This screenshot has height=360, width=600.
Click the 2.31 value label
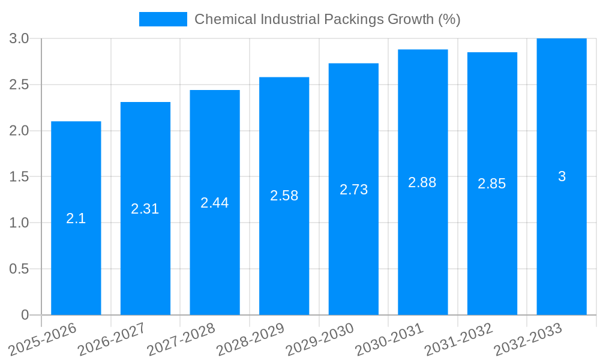[x=145, y=209]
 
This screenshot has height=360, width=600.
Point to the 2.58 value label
[x=284, y=196]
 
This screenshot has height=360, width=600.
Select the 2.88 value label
[x=422, y=182]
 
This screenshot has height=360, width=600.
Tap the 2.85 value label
[x=492, y=184]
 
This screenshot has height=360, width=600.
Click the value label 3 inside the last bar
[x=562, y=176]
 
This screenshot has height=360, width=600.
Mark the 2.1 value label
[x=76, y=218]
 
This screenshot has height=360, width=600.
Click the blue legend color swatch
[x=163, y=19]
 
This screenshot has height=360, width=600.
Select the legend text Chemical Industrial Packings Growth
[x=328, y=19]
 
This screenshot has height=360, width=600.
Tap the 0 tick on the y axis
[x=25, y=315]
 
